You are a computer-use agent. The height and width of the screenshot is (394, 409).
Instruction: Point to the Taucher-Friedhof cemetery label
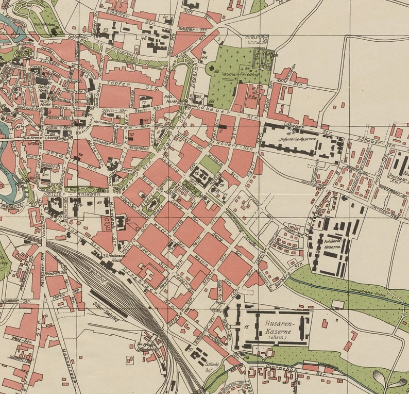pyautogui.click(x=238, y=74)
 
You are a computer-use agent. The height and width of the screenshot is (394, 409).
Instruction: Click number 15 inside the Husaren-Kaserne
pyautogui.click(x=246, y=327)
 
